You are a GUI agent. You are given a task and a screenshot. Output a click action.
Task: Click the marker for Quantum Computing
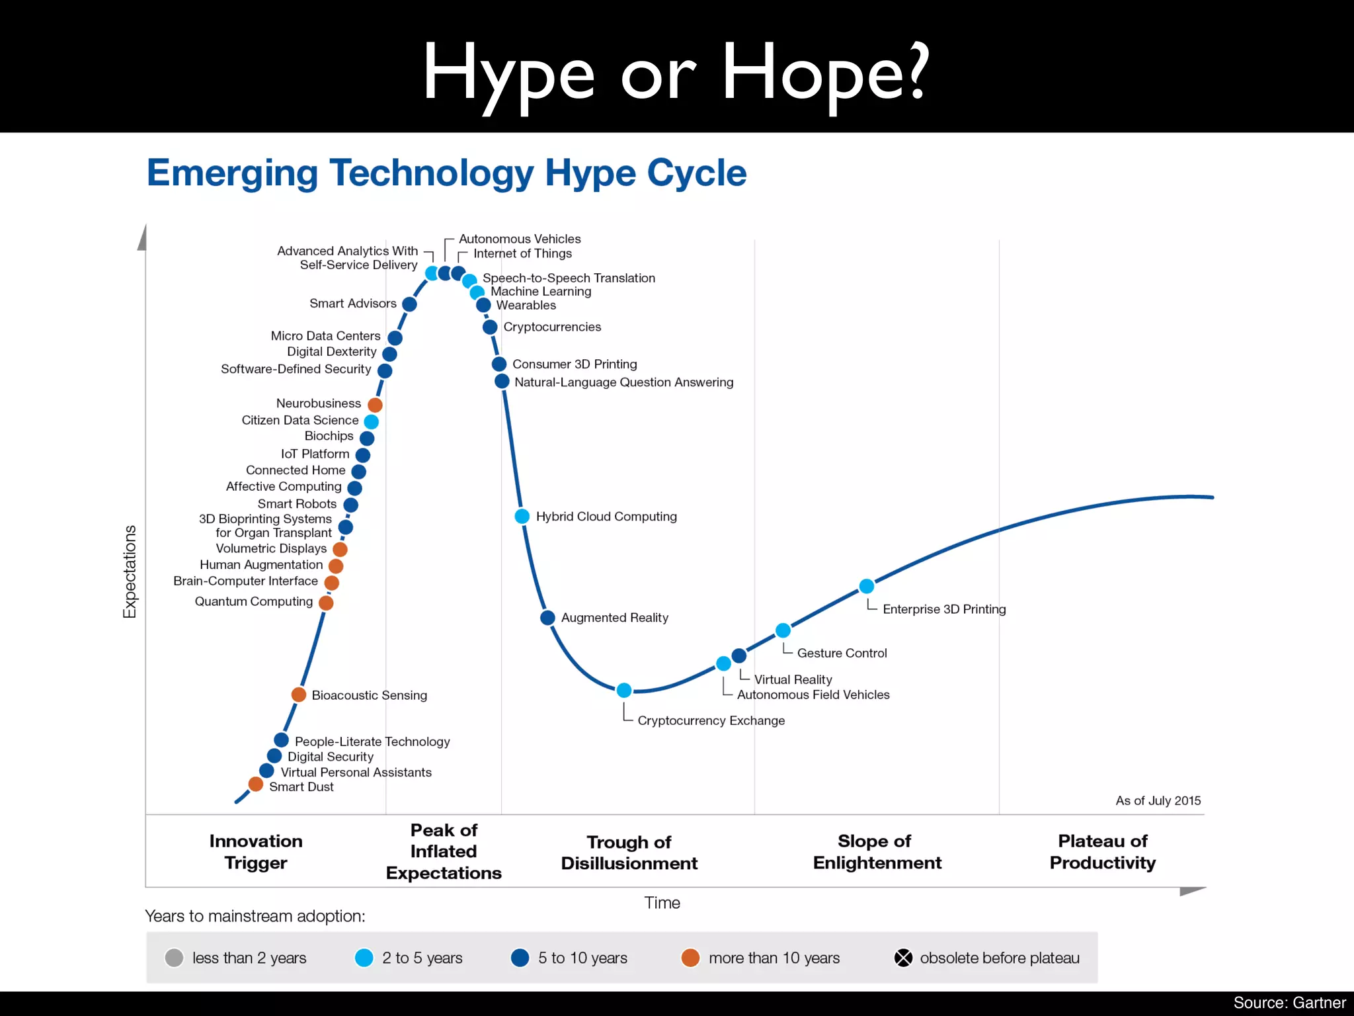click(x=326, y=603)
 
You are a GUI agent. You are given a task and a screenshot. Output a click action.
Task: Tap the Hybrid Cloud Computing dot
click(x=522, y=517)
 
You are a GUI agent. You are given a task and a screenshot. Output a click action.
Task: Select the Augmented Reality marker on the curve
click(x=547, y=618)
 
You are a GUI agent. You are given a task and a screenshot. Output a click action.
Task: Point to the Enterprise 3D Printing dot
click(x=866, y=586)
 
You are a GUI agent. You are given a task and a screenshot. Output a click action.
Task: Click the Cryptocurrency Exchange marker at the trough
click(x=623, y=691)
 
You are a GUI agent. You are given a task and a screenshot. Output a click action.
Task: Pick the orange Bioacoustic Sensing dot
click(x=299, y=695)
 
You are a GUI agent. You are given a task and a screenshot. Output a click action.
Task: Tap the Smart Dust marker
click(x=256, y=784)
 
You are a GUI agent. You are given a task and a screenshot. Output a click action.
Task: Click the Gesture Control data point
click(x=783, y=630)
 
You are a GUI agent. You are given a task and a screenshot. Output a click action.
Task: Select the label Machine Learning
click(x=541, y=292)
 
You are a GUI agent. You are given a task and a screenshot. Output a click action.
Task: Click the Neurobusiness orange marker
click(x=375, y=404)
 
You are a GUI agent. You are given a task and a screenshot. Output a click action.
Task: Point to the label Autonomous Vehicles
click(x=520, y=239)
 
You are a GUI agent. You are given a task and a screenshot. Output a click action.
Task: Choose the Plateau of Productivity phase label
click(x=1102, y=851)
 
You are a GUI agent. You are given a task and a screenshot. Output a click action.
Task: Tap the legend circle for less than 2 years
click(x=174, y=958)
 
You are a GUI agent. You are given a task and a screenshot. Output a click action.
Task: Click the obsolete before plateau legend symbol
click(x=903, y=958)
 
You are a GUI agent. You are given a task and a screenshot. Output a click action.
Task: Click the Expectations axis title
click(x=130, y=572)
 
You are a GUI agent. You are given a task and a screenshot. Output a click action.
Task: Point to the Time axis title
click(x=662, y=903)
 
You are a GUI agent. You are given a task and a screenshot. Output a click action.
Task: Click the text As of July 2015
click(x=1158, y=800)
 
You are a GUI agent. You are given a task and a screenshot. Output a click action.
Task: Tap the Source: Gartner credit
click(x=1289, y=1003)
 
